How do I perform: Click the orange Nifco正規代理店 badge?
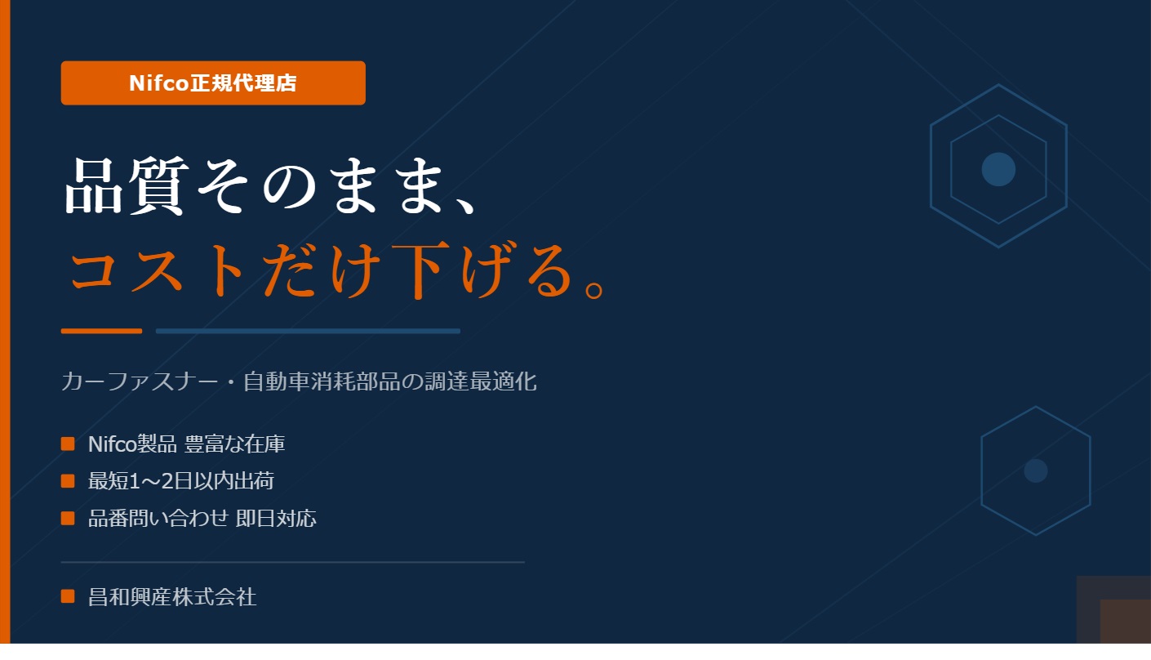(x=213, y=82)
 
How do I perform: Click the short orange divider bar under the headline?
(x=101, y=331)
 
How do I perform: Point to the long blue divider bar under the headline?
(x=308, y=331)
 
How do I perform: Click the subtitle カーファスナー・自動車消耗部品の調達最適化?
(x=299, y=381)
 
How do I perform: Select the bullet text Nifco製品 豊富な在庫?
(x=186, y=444)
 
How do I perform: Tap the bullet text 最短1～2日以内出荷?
(x=180, y=481)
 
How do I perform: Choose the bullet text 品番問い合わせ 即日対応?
(x=202, y=518)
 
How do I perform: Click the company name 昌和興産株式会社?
(x=172, y=597)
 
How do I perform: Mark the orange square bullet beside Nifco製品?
(x=68, y=444)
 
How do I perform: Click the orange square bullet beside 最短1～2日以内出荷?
(x=68, y=481)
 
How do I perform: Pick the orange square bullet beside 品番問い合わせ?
(x=68, y=518)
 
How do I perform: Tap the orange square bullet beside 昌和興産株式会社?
(x=68, y=597)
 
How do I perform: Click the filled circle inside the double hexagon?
(x=998, y=169)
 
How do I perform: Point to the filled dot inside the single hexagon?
(x=1035, y=470)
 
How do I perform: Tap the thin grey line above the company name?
(x=292, y=562)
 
